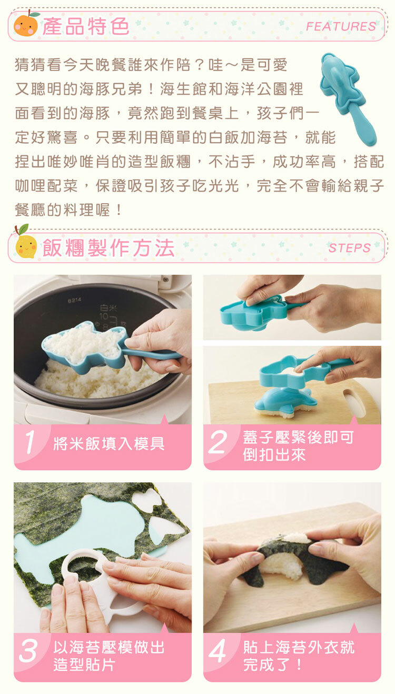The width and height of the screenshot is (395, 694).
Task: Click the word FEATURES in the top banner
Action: (x=341, y=26)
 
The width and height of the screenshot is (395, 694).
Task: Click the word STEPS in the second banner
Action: (x=350, y=248)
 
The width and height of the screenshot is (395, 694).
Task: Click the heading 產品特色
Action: (x=86, y=26)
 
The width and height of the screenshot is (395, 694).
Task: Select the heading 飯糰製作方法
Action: (x=108, y=248)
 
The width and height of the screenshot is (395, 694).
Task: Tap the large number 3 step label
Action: (x=28, y=651)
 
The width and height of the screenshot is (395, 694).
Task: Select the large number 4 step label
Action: (x=218, y=651)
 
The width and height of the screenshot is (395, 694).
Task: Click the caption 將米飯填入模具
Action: (x=108, y=443)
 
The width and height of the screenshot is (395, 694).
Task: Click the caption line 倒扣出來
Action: (x=274, y=455)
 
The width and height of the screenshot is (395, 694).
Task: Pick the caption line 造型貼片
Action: (x=84, y=665)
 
